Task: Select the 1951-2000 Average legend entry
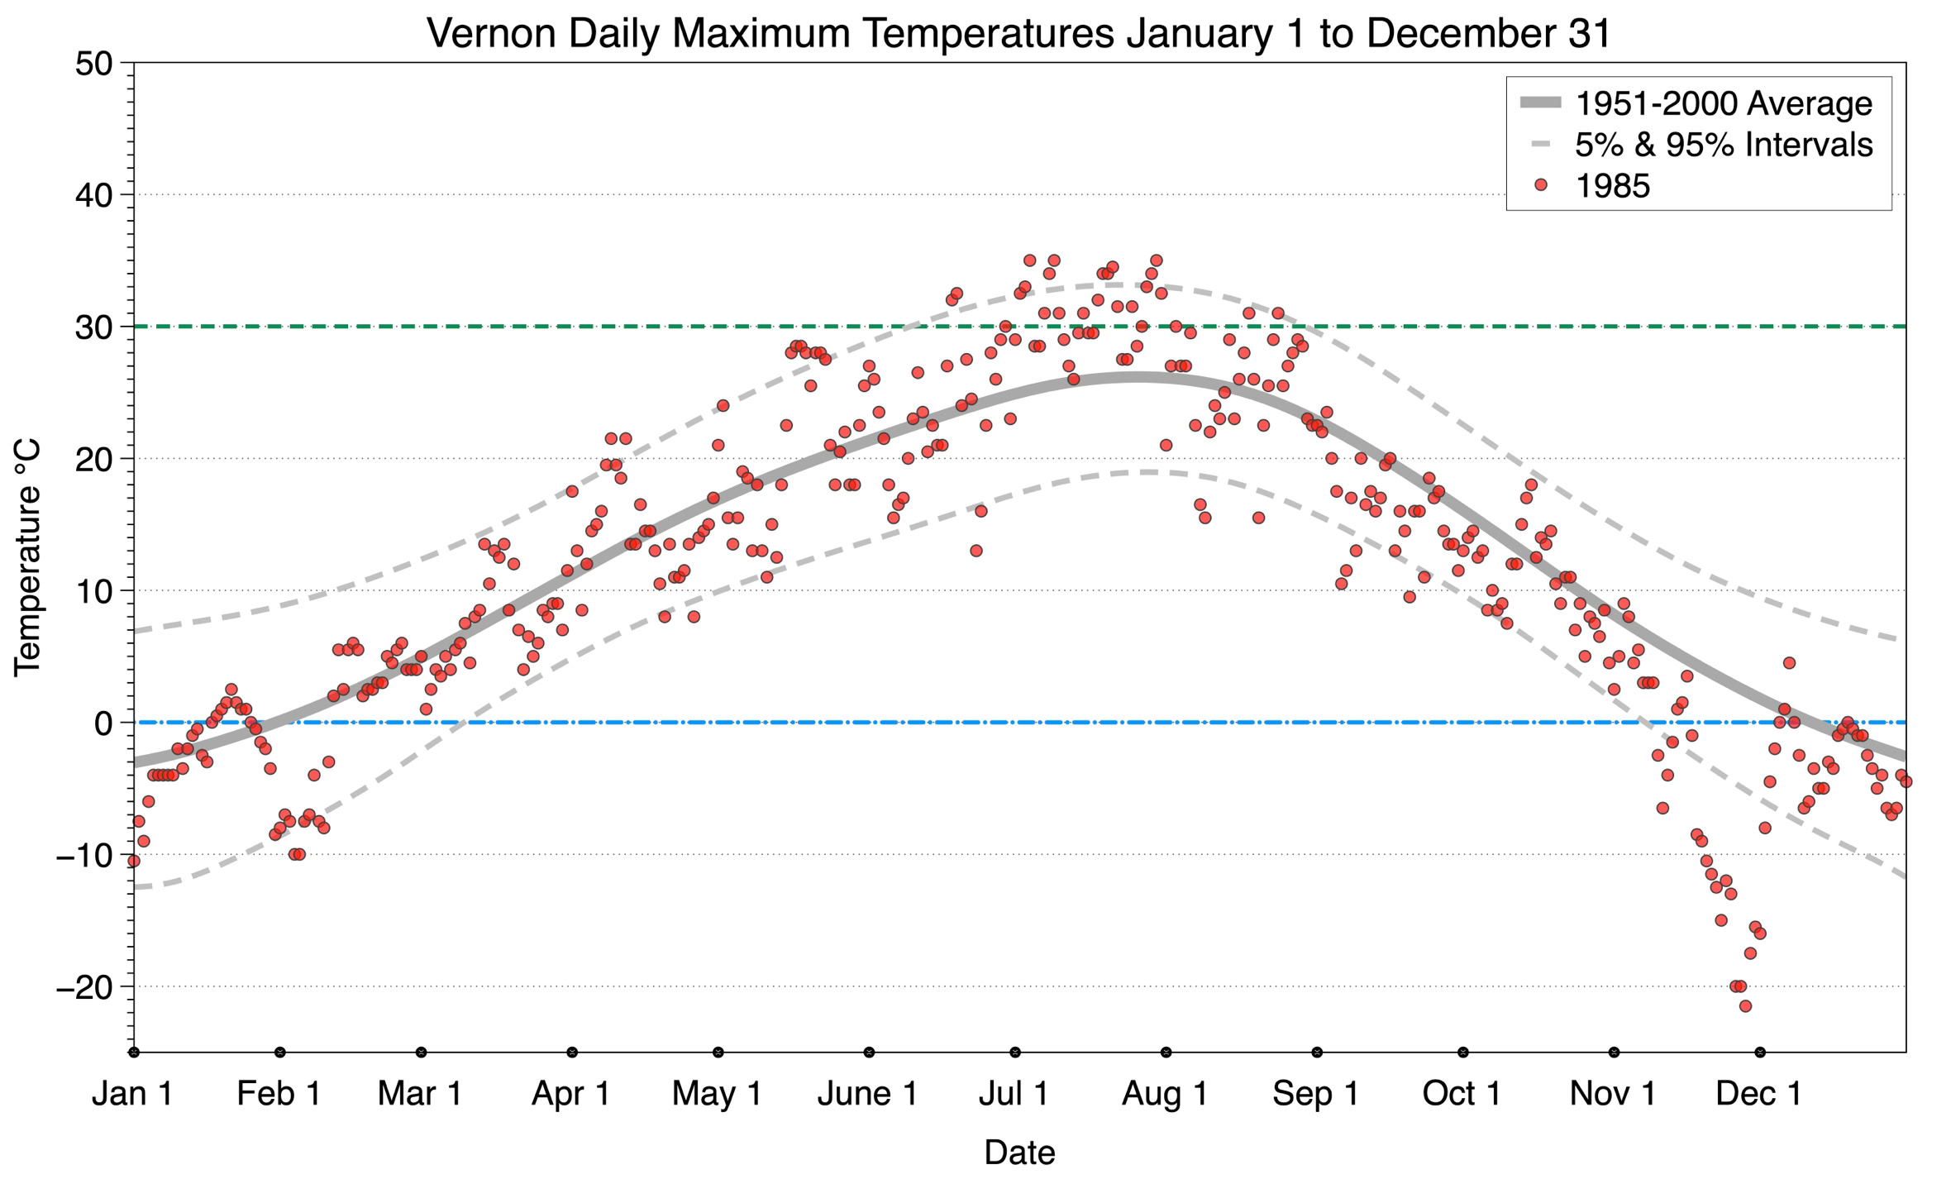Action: (1723, 103)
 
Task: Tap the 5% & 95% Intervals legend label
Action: (1723, 145)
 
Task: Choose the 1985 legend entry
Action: (1612, 186)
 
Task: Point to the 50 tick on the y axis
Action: (93, 64)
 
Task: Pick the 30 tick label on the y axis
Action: (93, 327)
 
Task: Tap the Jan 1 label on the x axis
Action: (133, 1094)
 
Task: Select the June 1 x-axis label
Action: (868, 1094)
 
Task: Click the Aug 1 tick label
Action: (1165, 1094)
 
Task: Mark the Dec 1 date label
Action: (1759, 1094)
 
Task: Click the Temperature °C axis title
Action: (27, 558)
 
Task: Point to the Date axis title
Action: (1019, 1153)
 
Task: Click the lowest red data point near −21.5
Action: (1745, 1006)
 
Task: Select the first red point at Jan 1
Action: (134, 861)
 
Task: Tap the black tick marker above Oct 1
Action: (1463, 1053)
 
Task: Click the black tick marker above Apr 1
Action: (572, 1053)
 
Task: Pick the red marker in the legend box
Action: (1540, 185)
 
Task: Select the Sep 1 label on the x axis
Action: (1316, 1094)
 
